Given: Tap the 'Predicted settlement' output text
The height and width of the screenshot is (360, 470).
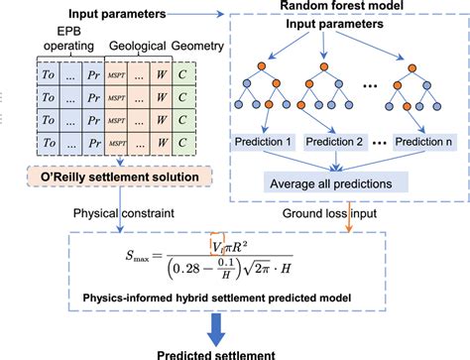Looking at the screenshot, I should tap(235, 352).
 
